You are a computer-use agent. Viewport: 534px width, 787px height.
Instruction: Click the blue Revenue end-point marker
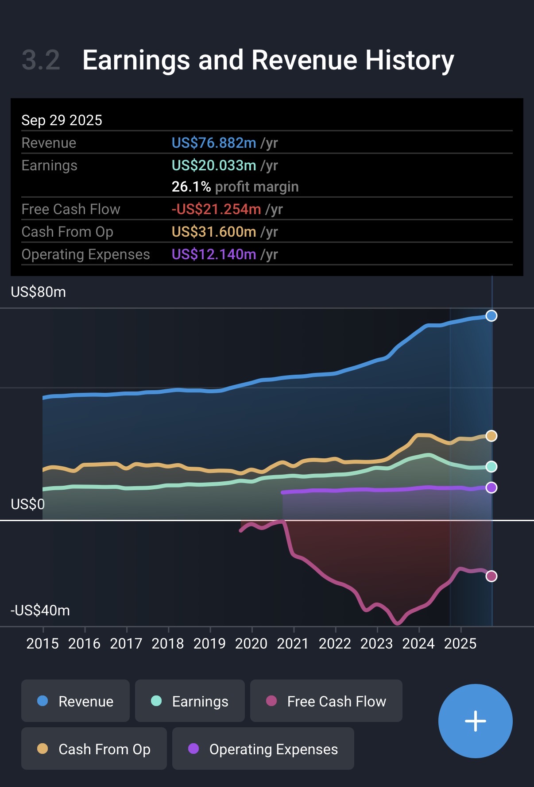coord(491,316)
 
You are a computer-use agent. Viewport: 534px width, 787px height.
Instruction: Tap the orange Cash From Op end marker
coord(491,436)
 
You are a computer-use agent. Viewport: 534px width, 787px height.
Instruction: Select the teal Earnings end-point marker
coord(491,467)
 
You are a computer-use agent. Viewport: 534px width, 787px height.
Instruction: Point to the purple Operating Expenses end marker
coord(491,488)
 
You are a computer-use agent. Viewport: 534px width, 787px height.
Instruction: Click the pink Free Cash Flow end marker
coord(491,576)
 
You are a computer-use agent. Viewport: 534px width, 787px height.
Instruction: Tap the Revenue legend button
coord(75,701)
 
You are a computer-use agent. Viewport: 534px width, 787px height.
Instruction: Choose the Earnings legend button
coord(190,701)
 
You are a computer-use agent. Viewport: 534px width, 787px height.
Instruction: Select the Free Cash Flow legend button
coord(326,701)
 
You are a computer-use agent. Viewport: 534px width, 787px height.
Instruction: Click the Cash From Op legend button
coord(94,749)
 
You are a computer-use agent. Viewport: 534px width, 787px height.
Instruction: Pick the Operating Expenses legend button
coord(263,749)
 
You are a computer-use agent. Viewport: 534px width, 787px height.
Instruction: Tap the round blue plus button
coord(475,721)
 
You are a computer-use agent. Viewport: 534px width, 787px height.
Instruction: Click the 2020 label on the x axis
coord(251,643)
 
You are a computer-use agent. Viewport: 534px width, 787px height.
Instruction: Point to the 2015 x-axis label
coord(43,643)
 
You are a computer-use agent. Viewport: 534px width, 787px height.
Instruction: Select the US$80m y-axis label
coord(39,292)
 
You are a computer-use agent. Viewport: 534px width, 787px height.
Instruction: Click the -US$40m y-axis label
coord(40,610)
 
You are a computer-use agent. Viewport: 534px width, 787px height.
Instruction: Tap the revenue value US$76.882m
coord(214,143)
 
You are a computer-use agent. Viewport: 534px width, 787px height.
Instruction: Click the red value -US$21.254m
coord(217,209)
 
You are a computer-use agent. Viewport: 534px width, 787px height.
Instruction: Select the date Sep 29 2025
coord(62,120)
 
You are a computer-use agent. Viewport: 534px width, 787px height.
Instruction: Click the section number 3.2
coord(41,60)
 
